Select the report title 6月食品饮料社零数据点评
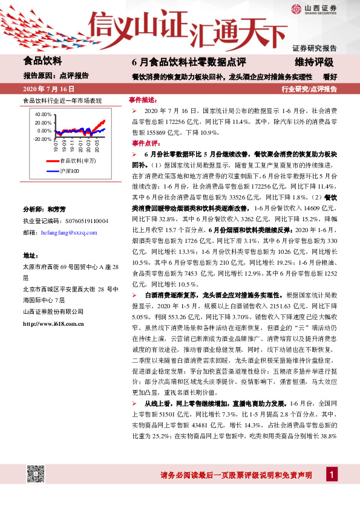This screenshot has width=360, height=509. point(180,62)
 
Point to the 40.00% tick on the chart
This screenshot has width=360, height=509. point(44,114)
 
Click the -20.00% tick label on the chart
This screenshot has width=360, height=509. point(42,139)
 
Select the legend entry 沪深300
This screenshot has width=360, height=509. point(70,172)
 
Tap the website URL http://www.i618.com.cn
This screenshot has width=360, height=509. point(53,324)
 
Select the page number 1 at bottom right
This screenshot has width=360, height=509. point(331,491)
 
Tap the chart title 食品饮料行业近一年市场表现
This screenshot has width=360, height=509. point(62,100)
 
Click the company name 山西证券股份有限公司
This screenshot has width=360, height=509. point(53,311)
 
